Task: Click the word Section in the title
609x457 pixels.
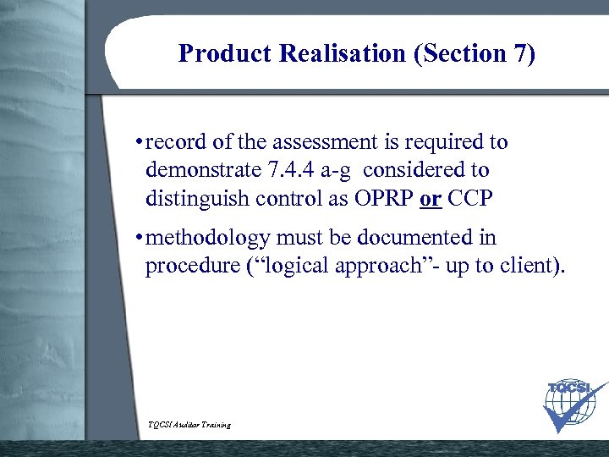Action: (468, 54)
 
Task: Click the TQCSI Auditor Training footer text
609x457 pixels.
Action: (189, 424)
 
